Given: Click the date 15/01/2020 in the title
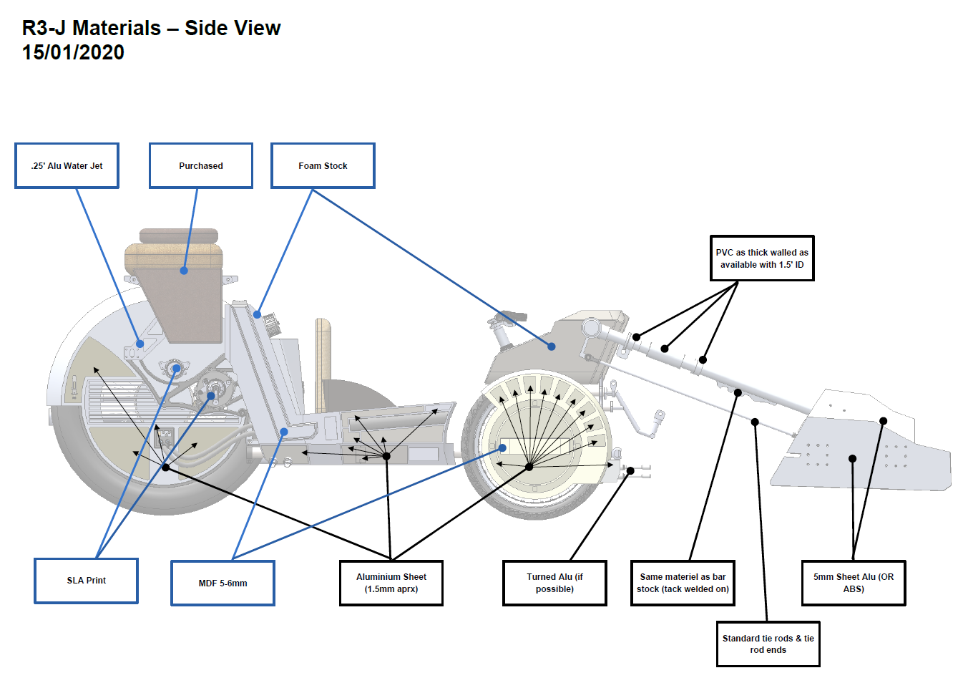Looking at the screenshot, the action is (x=73, y=52).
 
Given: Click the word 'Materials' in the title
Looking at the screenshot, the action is (x=117, y=28).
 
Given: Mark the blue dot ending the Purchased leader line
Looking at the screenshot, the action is (x=184, y=271).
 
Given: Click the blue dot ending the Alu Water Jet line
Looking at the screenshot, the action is (x=140, y=344).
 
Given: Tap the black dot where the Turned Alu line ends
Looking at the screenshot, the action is (x=630, y=471).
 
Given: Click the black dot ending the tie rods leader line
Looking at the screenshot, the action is (x=755, y=422).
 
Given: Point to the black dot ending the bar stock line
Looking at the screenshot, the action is (x=738, y=392).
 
